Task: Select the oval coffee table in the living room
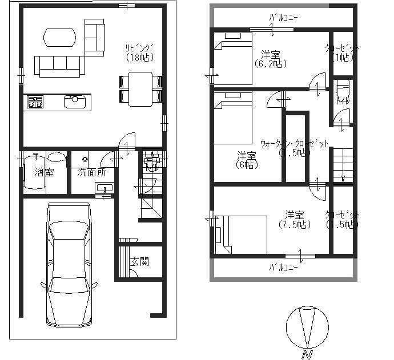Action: click(x=59, y=38)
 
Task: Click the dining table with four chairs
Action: click(x=140, y=88)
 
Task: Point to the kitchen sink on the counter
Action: click(x=75, y=102)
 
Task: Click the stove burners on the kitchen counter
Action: click(x=35, y=102)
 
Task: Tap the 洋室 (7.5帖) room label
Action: click(x=295, y=220)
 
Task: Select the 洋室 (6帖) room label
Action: click(x=246, y=160)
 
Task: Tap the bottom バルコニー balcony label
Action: click(x=284, y=267)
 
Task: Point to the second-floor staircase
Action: click(x=343, y=164)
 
